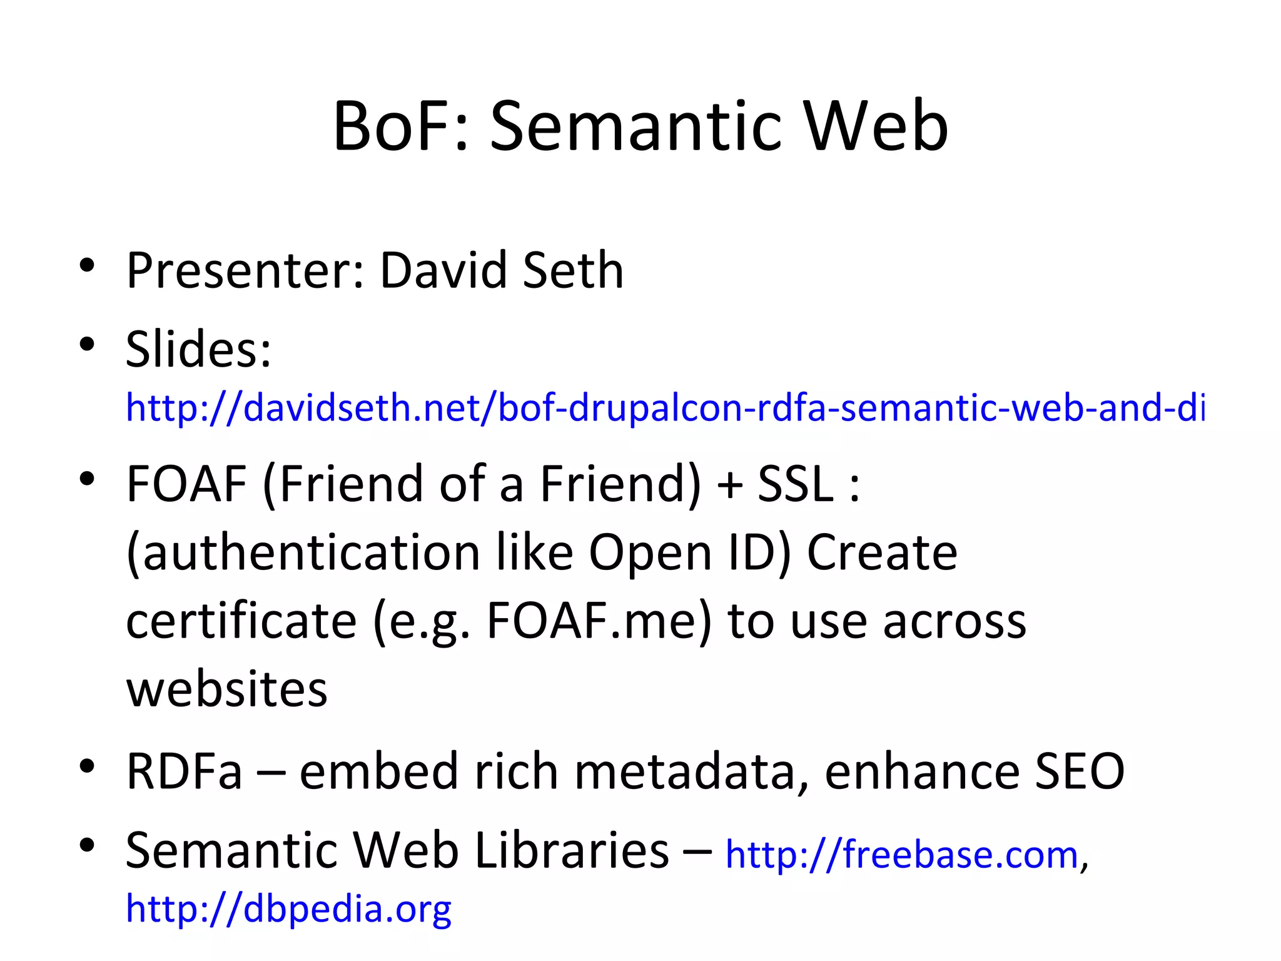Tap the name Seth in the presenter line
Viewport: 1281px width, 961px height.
[x=573, y=270]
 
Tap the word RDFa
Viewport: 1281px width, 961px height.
[x=184, y=771]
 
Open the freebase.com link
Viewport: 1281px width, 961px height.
[x=901, y=855]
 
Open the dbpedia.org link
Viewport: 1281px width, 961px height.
[x=288, y=908]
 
